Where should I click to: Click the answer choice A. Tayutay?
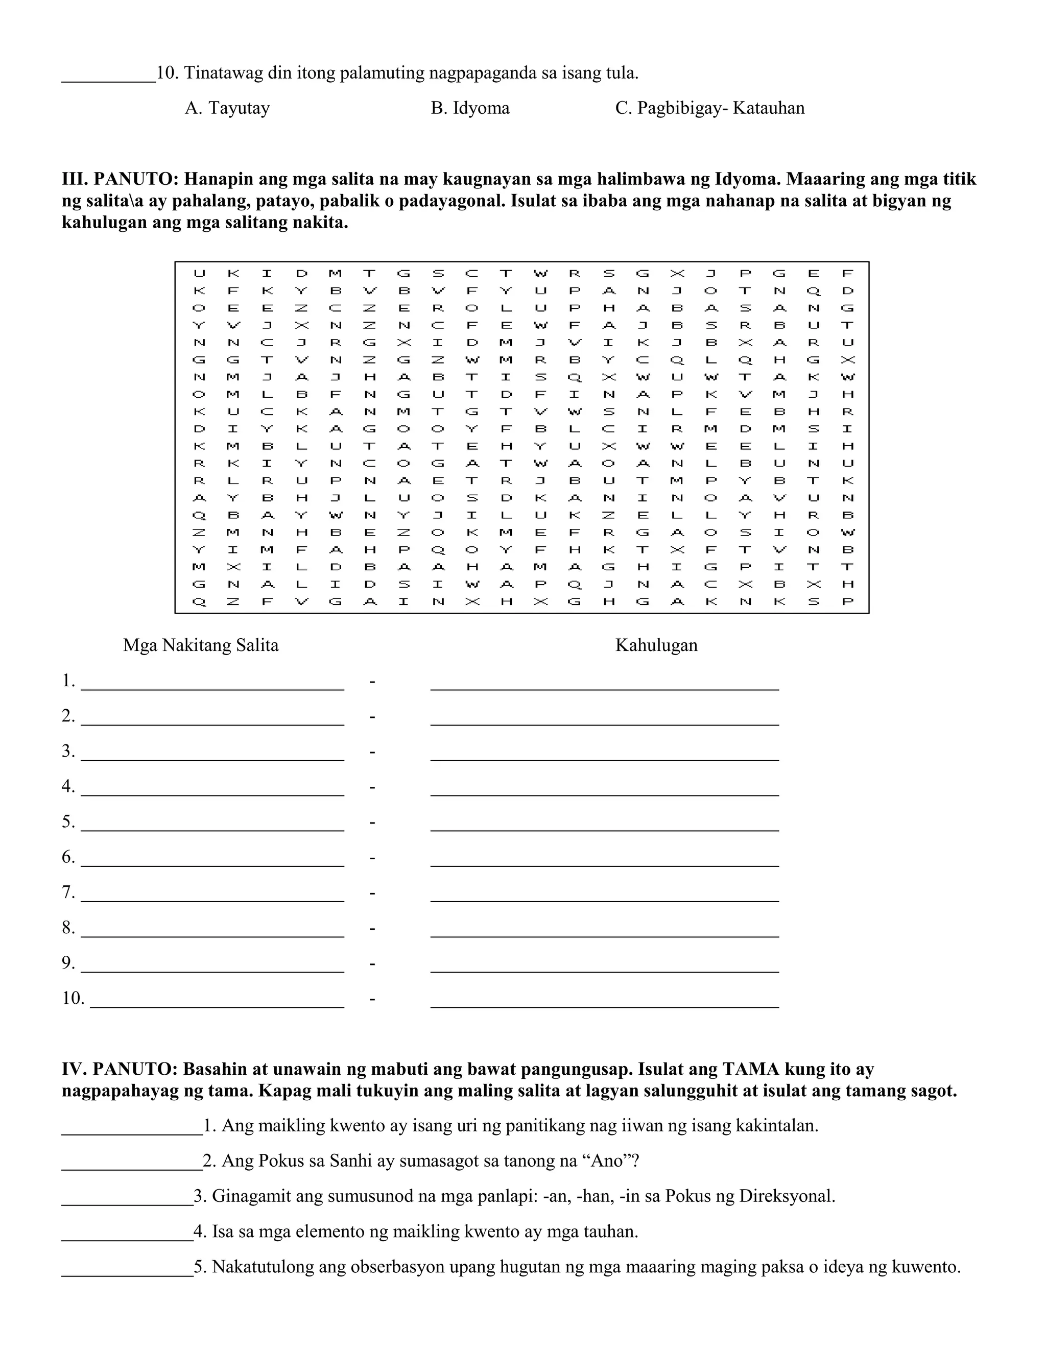[227, 108]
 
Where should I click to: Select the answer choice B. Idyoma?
[470, 108]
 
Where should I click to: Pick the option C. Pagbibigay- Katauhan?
[709, 108]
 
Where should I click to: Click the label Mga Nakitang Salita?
[201, 645]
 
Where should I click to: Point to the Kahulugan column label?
[656, 645]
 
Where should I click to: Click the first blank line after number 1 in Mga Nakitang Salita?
[212, 685]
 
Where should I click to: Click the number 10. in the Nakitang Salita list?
[73, 999]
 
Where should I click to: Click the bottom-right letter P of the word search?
[848, 601]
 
